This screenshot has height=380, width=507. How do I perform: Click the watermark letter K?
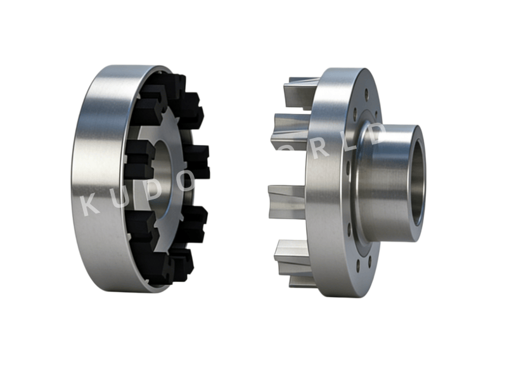[x=91, y=205]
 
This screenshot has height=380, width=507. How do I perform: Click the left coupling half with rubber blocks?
[x=139, y=177]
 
